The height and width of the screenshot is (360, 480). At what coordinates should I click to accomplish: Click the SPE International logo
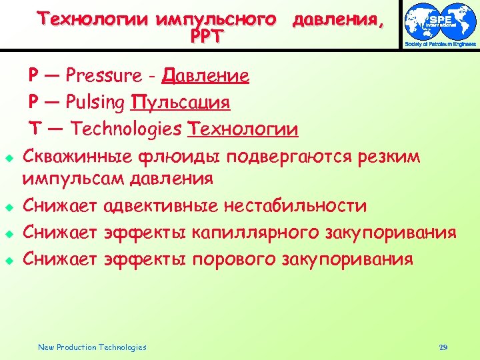[x=441, y=25]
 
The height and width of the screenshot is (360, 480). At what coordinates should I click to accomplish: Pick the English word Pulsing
[x=95, y=103]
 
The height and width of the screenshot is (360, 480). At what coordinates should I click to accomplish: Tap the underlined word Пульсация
[x=181, y=103]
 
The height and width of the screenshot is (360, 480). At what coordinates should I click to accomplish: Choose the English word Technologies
[x=126, y=129]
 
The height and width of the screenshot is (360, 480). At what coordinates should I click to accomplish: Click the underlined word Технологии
[x=243, y=129]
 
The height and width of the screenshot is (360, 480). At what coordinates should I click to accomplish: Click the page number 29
[x=443, y=347]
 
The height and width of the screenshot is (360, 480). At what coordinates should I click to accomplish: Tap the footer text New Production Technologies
[x=92, y=347]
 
